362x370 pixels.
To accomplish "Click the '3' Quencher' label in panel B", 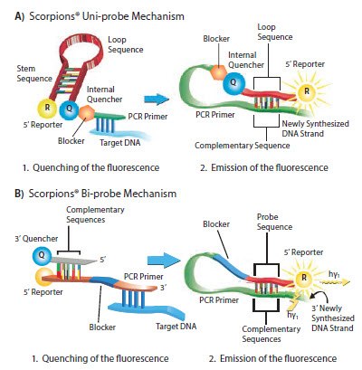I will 29,240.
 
